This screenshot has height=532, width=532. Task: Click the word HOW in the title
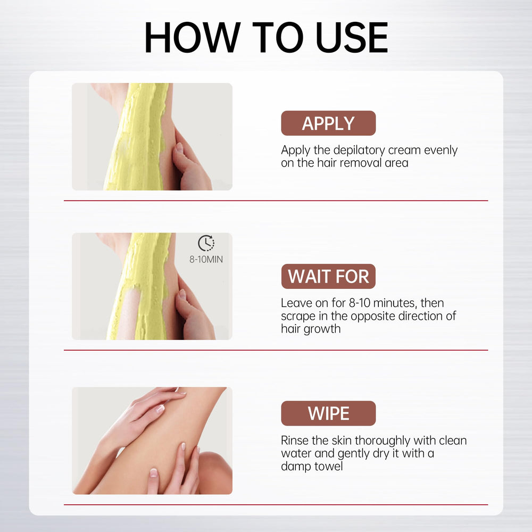193,37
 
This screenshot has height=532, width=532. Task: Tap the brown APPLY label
328,123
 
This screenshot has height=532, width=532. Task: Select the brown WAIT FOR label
328,276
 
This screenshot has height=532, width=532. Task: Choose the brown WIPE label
328,413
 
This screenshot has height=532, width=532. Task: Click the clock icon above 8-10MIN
206,243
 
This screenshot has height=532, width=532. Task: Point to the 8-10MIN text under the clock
206,260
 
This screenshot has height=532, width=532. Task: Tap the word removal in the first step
360,163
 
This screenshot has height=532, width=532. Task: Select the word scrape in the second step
298,317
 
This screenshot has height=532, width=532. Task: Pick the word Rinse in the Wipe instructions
295,440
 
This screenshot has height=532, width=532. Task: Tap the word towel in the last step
328,466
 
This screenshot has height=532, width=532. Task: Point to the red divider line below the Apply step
276,201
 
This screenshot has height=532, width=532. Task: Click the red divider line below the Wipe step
276,504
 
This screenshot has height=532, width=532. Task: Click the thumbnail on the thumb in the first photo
179,147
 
